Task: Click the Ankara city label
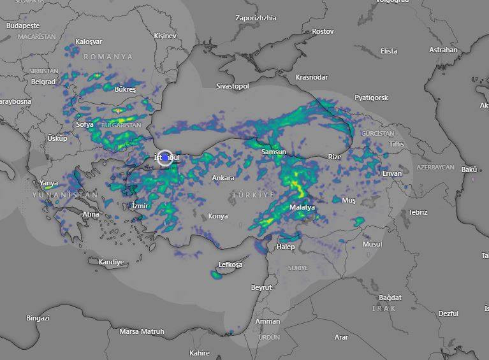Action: point(223,178)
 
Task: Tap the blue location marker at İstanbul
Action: point(165,157)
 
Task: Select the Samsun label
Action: point(274,152)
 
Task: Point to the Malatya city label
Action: point(302,207)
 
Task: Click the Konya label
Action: point(218,216)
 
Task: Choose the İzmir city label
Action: point(140,206)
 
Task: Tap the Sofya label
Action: point(85,124)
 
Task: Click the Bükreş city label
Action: point(125,90)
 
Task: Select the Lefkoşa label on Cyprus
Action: point(231,264)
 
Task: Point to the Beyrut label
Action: point(261,287)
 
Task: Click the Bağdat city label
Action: point(390,298)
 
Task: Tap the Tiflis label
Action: point(397,144)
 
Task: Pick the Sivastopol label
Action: point(233,86)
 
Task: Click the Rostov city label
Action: point(323,31)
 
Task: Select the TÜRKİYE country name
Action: point(253,194)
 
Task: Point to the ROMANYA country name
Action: point(108,57)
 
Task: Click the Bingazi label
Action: point(38,317)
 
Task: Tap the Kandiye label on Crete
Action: point(112,262)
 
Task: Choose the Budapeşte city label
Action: point(23,26)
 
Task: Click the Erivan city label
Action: point(392,173)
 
